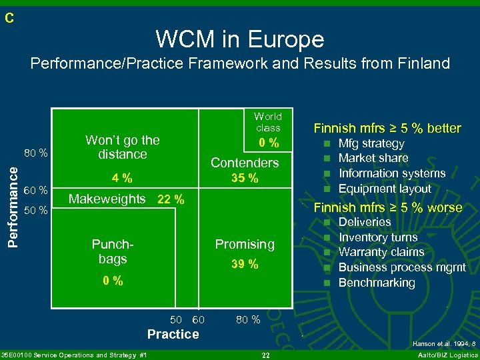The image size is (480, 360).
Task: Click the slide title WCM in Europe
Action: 240,39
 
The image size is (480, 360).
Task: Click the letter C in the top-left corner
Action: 9,19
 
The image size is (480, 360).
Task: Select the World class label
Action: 267,122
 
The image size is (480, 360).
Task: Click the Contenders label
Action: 244,163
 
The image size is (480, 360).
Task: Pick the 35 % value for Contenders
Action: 244,178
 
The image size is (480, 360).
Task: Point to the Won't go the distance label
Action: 123,147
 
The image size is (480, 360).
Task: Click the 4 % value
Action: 122,178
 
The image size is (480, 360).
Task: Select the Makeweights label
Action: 107,199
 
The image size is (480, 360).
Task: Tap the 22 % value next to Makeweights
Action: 171,199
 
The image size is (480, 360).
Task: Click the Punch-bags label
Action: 109,251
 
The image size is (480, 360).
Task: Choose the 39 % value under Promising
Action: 244,265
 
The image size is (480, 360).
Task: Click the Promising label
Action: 244,245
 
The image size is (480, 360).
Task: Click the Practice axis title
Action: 173,334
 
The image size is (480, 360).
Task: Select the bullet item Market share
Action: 373,158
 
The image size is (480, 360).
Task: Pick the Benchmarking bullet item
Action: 377,283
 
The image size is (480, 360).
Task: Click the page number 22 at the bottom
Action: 265,355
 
